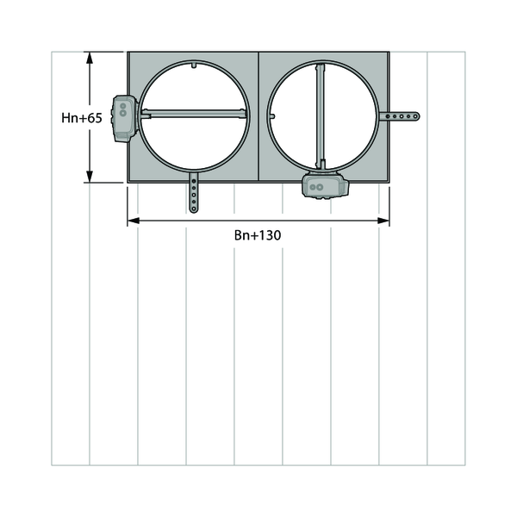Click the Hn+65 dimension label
point(82,118)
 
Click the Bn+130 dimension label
point(258,235)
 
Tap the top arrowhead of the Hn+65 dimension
point(90,58)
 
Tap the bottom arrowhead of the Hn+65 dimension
point(90,177)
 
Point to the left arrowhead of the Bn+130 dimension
point(134,221)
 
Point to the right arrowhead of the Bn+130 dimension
point(383,221)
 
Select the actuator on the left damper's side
point(125,119)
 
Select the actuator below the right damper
point(326,185)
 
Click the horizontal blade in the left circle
point(194,114)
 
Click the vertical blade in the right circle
point(321,116)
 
